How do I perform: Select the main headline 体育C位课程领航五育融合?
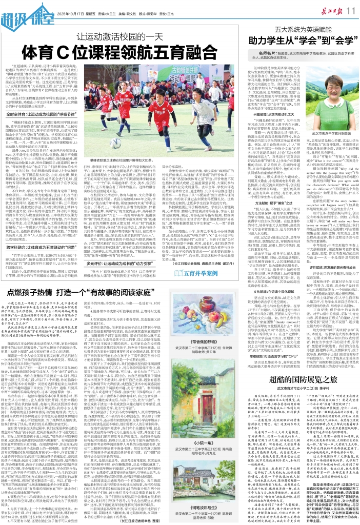coord(121,54)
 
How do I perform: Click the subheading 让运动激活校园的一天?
coord(121,36)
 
